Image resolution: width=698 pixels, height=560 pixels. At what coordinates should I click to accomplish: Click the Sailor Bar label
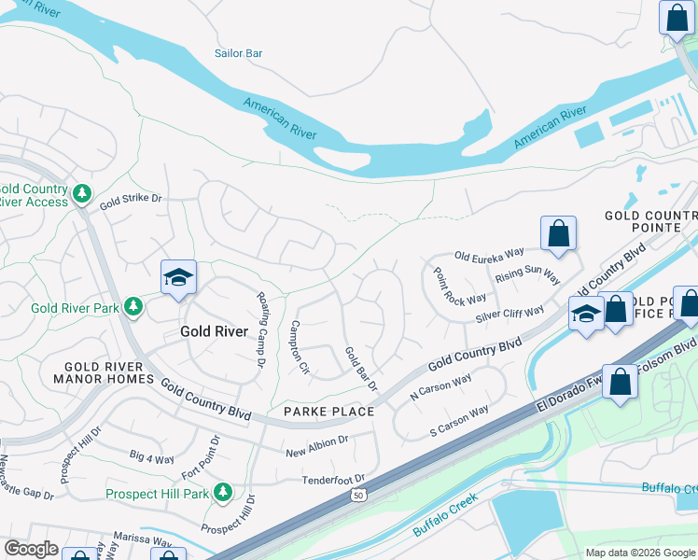point(238,54)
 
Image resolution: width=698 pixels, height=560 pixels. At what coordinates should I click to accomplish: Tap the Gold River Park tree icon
point(133,306)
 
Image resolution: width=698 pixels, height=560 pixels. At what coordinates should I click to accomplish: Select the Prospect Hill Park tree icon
point(222,491)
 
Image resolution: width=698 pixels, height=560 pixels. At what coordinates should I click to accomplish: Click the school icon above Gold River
point(178,278)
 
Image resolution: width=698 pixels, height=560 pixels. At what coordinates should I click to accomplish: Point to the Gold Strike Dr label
point(131,199)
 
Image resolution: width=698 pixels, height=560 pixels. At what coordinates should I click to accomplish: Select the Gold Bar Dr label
point(360,369)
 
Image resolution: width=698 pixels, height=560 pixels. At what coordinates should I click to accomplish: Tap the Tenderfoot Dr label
point(332,480)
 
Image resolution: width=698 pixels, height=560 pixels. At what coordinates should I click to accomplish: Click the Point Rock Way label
point(459,286)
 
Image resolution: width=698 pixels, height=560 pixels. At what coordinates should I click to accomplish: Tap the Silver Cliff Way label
point(510,314)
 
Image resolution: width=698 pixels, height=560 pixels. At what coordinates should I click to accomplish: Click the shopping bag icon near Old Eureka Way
point(558,234)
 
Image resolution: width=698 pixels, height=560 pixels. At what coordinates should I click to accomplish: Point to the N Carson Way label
point(440,388)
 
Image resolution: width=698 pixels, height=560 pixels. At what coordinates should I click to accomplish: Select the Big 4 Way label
point(152,457)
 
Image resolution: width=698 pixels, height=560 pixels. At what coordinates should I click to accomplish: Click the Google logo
point(31,550)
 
